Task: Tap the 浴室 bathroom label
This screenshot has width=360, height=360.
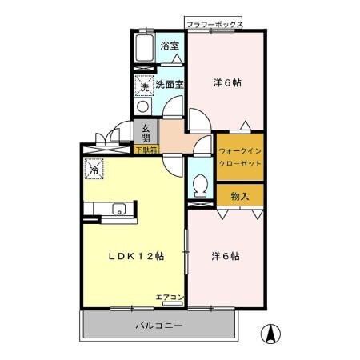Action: [x=169, y=45]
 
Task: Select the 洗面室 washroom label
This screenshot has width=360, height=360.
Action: [x=170, y=84]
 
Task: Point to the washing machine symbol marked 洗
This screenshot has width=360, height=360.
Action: [x=145, y=84]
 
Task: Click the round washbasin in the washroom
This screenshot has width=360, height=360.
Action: [x=142, y=106]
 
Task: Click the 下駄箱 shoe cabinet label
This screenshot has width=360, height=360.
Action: [x=146, y=150]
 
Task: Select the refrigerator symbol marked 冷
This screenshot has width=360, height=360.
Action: [x=94, y=170]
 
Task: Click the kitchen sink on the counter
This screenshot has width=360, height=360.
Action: [x=118, y=210]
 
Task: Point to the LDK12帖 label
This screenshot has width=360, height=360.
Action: [x=137, y=256]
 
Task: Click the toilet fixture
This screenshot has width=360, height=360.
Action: [x=201, y=185]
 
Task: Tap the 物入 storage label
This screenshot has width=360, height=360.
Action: [x=239, y=195]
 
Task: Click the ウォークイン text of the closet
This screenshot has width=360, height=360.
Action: [x=239, y=150]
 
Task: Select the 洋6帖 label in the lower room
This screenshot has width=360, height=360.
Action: [x=226, y=256]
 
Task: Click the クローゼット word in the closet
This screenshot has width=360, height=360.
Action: [x=239, y=163]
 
